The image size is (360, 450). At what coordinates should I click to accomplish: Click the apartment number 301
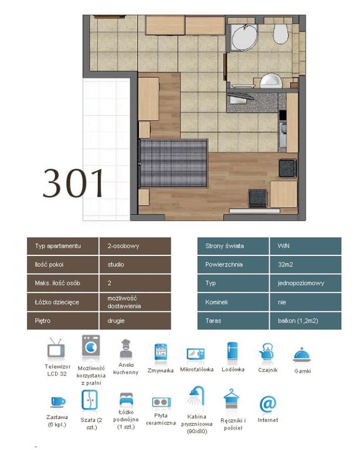[73, 183]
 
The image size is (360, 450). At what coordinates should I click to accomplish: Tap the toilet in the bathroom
[280, 33]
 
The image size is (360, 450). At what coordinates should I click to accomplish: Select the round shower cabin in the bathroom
[244, 37]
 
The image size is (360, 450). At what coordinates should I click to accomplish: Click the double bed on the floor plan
[173, 163]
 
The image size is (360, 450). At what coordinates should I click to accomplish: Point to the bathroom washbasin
[271, 81]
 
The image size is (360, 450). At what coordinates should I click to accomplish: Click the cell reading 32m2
[305, 264]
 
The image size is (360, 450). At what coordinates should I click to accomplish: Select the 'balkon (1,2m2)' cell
[305, 321]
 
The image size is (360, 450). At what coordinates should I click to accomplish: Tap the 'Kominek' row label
[233, 302]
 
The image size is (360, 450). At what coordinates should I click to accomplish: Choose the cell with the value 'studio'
[135, 264]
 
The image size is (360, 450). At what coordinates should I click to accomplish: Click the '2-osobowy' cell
[135, 246]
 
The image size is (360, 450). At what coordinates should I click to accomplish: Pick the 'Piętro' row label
[63, 321]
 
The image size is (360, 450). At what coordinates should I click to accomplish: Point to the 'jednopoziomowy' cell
[305, 283]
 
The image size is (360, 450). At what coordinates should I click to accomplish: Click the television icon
[56, 349]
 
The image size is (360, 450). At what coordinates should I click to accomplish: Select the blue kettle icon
[266, 352]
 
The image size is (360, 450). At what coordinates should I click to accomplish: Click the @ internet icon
[267, 404]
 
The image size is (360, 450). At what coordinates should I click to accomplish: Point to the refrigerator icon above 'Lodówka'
[232, 351]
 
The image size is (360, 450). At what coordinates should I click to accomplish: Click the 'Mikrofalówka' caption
[197, 369]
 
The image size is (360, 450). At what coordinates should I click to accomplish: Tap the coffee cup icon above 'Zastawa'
[57, 402]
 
